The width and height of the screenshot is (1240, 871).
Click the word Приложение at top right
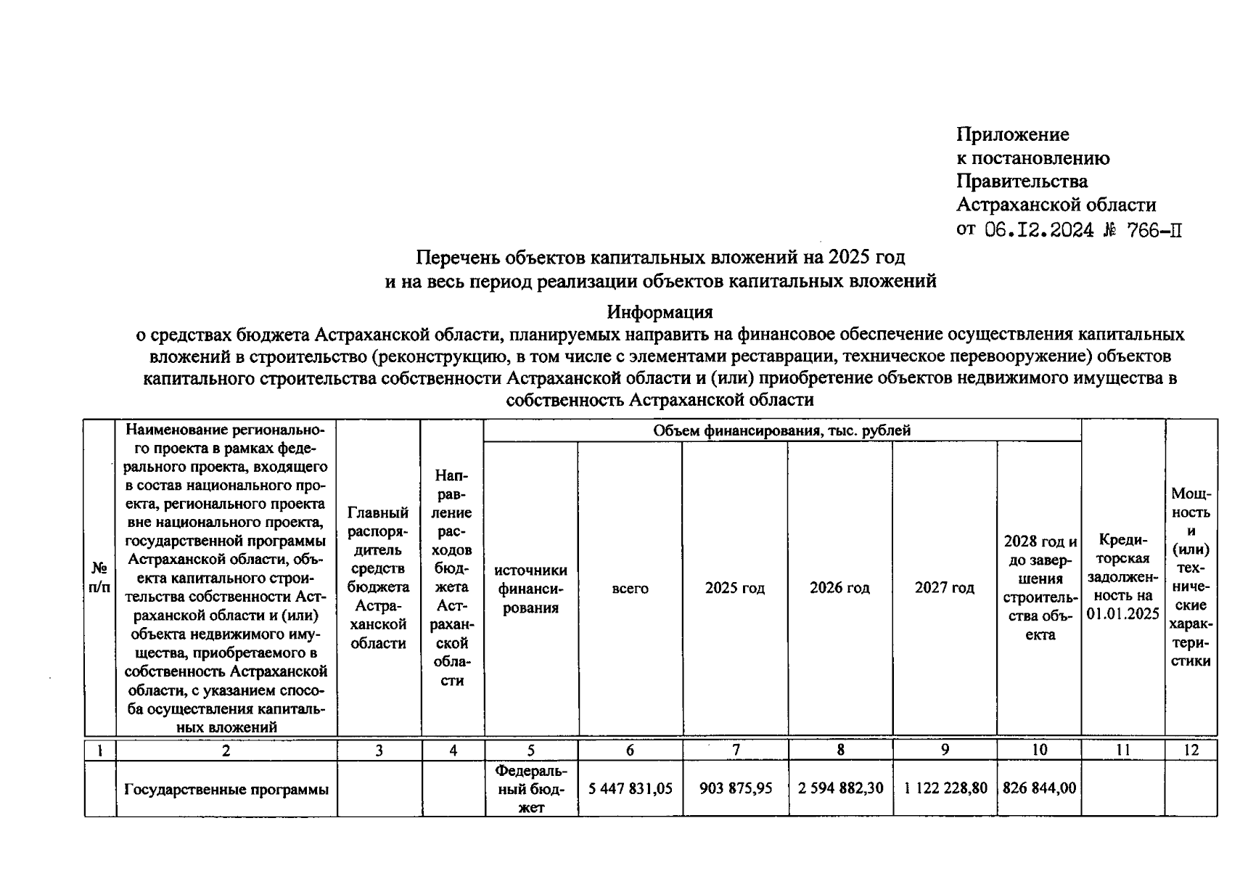[x=1012, y=135]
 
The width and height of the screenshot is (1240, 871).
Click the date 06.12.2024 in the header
[x=1039, y=230]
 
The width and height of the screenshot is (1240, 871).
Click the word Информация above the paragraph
[x=660, y=312]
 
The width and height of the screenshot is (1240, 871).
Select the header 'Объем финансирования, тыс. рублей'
[x=781, y=430]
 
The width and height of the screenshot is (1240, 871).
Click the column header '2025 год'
[x=734, y=588]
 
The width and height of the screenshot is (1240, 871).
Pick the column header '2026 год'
[x=839, y=588]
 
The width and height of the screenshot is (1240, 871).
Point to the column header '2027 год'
[x=944, y=588]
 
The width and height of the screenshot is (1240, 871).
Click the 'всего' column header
[x=630, y=589]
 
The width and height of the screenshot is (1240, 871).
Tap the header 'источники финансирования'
[x=530, y=589]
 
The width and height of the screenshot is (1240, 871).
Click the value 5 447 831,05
[x=630, y=788]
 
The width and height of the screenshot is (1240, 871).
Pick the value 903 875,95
[x=735, y=788]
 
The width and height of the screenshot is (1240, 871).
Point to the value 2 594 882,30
[x=840, y=788]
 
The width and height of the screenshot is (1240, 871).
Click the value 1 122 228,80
[x=945, y=788]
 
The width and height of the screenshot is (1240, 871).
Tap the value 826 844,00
[x=1039, y=788]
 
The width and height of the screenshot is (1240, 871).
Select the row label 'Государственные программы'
[x=226, y=789]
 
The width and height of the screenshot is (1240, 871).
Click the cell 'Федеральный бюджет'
[x=530, y=789]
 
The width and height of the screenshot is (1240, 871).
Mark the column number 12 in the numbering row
[x=1191, y=751]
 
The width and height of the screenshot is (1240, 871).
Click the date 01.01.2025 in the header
[x=1122, y=615]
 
